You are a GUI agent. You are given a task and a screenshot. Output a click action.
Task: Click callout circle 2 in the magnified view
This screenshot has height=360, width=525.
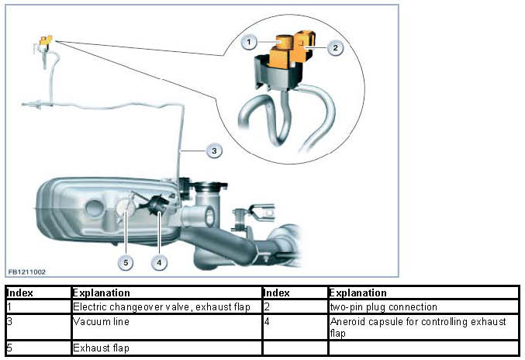(x=335, y=48)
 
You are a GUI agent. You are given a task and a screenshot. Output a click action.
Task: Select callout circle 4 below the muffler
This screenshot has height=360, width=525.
(x=159, y=262)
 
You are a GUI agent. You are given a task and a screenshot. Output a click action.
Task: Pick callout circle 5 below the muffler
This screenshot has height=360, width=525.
(x=126, y=262)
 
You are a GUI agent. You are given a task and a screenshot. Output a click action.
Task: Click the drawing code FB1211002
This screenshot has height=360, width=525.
(x=27, y=272)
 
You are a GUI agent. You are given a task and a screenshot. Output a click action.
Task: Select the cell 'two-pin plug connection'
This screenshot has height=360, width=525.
(x=423, y=307)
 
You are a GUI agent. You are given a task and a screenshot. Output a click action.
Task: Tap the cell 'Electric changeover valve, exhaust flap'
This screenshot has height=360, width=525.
(x=165, y=307)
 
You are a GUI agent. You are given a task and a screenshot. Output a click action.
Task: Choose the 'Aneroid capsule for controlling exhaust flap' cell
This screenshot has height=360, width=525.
(x=423, y=327)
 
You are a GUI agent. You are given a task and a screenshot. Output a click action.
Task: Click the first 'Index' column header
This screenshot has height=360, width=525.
(x=36, y=293)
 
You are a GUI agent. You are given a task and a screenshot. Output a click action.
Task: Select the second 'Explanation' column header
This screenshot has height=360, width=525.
(x=423, y=293)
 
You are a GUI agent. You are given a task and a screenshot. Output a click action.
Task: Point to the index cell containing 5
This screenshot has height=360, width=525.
(x=36, y=348)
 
